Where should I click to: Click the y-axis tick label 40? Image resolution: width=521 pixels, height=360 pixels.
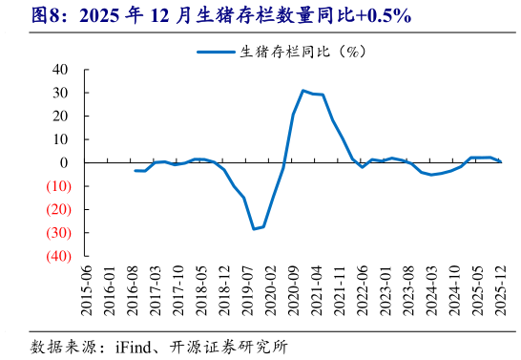60,70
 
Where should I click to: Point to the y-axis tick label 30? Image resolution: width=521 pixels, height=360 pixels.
60,93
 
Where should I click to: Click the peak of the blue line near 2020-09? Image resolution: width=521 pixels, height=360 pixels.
302,91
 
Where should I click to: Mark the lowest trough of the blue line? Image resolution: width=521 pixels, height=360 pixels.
254,229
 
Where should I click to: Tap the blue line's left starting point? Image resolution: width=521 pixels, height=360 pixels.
135,171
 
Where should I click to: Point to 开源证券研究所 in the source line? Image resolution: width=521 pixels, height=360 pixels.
229,345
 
